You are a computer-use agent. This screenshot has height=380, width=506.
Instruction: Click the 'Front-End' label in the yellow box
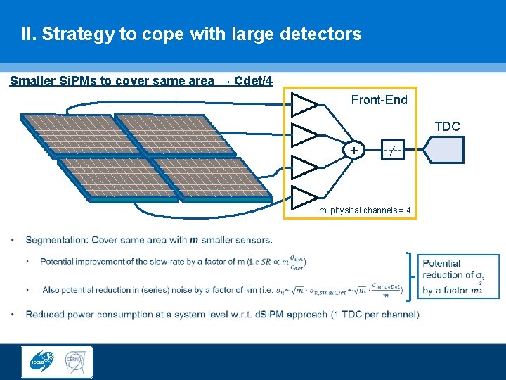pyautogui.click(x=379, y=100)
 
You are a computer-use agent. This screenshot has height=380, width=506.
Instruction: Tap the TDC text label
pyautogui.click(x=447, y=127)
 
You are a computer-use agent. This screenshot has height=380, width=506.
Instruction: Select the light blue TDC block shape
pyautogui.click(x=443, y=149)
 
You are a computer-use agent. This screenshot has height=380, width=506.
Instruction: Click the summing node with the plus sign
pyautogui.click(x=353, y=151)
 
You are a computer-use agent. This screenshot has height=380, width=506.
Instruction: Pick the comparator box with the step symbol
pyautogui.click(x=393, y=150)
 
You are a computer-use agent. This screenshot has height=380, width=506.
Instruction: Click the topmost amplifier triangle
pyautogui.click(x=304, y=104)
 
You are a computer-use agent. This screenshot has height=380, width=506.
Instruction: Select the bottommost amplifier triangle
pyautogui.click(x=304, y=198)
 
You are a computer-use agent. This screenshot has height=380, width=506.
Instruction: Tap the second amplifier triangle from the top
pyautogui.click(x=304, y=134)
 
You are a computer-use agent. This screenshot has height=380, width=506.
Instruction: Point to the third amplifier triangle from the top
pyautogui.click(x=304, y=166)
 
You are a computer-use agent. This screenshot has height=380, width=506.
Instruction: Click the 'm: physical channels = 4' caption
pyautogui.click(x=364, y=210)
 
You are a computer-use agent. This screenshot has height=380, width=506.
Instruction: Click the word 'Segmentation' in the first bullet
pyautogui.click(x=56, y=240)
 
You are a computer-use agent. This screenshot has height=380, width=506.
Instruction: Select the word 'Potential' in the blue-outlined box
pyautogui.click(x=441, y=263)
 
